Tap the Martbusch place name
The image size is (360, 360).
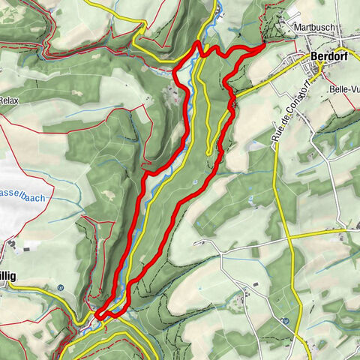313,27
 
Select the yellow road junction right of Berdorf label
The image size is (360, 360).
318,68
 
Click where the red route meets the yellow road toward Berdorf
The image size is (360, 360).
233,94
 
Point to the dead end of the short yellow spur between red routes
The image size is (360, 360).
207,154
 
